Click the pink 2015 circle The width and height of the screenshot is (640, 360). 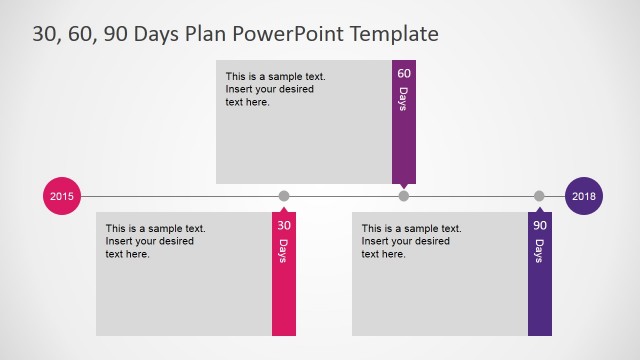click(62, 196)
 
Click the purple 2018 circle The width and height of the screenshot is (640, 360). click(584, 196)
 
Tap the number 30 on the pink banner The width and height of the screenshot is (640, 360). click(284, 226)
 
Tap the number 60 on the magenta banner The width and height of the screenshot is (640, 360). click(404, 74)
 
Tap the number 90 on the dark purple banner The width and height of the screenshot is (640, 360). click(540, 226)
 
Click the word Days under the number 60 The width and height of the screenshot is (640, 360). click(404, 99)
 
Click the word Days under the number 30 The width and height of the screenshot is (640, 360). click(284, 251)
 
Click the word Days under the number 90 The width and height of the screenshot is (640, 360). click(540, 251)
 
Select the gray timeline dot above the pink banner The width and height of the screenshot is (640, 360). click(284, 196)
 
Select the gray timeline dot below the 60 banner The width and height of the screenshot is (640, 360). click(404, 196)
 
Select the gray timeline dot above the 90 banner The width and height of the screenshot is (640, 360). click(540, 196)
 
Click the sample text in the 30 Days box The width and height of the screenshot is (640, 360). click(155, 241)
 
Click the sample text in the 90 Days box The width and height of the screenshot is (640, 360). click(411, 241)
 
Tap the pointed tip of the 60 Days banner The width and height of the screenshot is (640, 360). click(404, 187)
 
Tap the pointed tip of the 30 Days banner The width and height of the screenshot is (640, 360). click(284, 206)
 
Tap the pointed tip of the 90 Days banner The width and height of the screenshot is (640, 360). click(540, 206)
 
